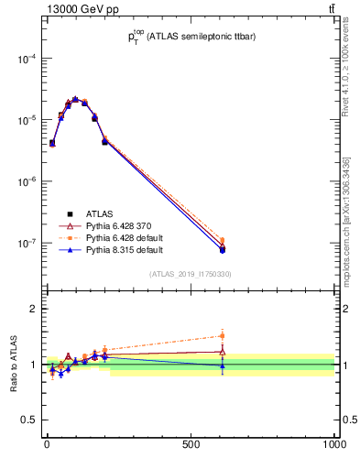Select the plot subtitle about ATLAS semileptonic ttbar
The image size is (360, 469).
[x=191, y=38]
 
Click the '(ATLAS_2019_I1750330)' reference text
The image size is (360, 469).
[x=191, y=274]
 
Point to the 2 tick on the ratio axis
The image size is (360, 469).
[x=34, y=309]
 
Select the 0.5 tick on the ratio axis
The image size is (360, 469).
[x=30, y=420]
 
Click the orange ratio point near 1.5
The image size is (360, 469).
[x=222, y=336]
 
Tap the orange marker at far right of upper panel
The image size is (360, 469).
[x=222, y=241]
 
